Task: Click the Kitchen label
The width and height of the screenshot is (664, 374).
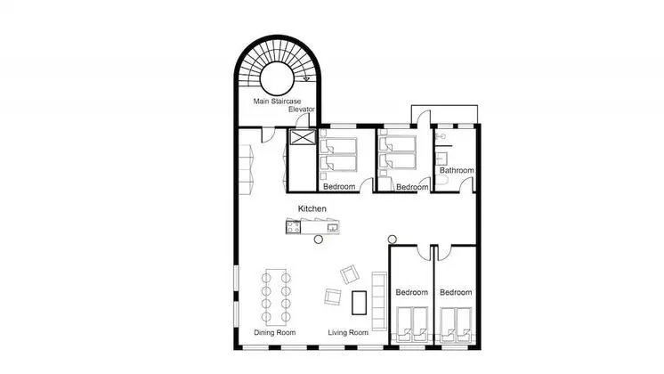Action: (x=312, y=208)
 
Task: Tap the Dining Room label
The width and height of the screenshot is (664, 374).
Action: (x=275, y=332)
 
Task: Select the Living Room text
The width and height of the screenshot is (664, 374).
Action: (x=348, y=332)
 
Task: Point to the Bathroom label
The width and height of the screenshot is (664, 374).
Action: (x=457, y=170)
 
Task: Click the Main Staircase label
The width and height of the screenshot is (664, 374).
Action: (x=277, y=102)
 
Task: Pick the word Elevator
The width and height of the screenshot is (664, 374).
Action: (x=302, y=110)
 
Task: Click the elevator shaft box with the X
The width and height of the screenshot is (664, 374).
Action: (x=303, y=137)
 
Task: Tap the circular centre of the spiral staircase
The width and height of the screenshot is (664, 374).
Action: (x=277, y=78)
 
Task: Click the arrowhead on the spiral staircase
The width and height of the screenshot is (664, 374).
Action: (x=306, y=78)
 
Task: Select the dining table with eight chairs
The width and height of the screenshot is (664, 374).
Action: (x=276, y=296)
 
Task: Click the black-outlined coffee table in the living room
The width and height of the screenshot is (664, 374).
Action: (x=359, y=303)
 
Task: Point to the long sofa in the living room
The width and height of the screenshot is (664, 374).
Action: (x=379, y=301)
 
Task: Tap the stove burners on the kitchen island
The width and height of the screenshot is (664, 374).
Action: (x=293, y=227)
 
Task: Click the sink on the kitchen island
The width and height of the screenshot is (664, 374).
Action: (x=332, y=227)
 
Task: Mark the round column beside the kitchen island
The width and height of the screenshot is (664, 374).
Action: (x=319, y=240)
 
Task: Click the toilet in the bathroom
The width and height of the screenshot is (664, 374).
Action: (x=442, y=181)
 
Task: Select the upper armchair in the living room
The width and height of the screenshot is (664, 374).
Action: (x=350, y=274)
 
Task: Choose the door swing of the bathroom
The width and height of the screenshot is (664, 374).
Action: (x=466, y=184)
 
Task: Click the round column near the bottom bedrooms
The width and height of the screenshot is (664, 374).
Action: (x=393, y=240)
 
